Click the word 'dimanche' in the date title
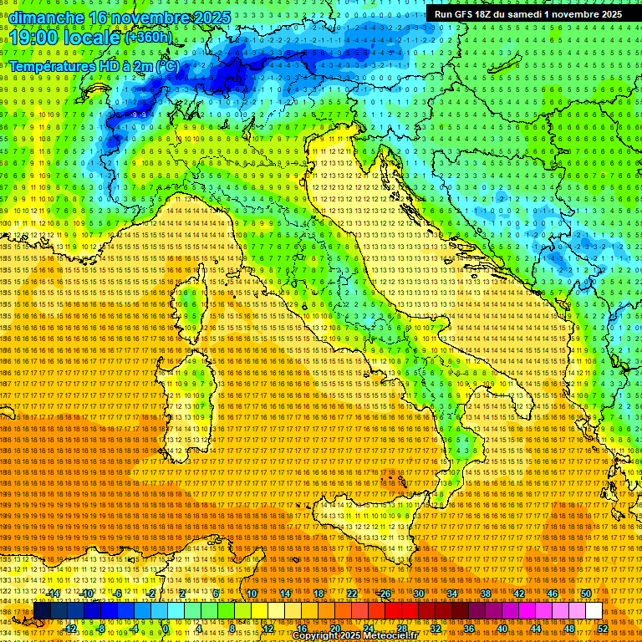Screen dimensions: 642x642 tap(42, 17)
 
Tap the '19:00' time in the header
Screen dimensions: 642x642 tap(32, 38)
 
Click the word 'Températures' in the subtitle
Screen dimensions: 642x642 tap(52, 65)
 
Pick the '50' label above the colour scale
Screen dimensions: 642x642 tap(585, 594)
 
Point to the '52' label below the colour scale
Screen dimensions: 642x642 tap(602, 629)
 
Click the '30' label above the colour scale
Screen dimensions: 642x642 tap(418, 594)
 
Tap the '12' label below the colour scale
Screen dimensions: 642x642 tap(268, 629)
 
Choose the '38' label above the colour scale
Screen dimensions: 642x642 tap(485, 594)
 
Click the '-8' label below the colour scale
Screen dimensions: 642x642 tap(101, 629)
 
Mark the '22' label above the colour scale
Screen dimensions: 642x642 tap(351, 594)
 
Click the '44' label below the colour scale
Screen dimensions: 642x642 tap(536, 629)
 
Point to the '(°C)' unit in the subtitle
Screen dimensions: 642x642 tap(166, 65)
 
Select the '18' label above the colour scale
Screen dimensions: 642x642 tap(318, 594)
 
